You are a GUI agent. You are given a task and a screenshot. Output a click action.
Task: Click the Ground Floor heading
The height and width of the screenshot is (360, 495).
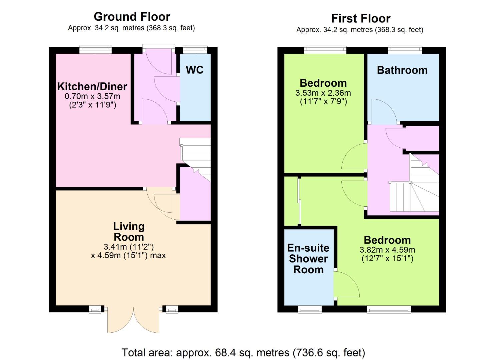pyautogui.click(x=132, y=17)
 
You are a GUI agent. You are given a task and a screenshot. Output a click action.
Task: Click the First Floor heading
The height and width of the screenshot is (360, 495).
pyautogui.click(x=361, y=19)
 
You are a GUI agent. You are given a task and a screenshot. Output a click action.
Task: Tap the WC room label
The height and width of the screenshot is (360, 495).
pyautogui.click(x=195, y=70)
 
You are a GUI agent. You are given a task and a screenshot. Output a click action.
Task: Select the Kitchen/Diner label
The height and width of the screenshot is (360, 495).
pyautogui.click(x=92, y=86)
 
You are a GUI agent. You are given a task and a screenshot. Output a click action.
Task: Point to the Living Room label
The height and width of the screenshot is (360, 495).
pyautogui.click(x=129, y=232)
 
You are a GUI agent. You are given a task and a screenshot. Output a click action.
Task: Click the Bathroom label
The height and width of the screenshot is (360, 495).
pyautogui.click(x=402, y=70)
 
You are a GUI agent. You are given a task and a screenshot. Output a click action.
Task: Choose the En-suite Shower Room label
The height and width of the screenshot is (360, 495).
pyautogui.click(x=308, y=259)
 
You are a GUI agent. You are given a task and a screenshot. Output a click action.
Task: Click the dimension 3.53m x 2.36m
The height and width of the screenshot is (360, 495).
pyautogui.click(x=323, y=93)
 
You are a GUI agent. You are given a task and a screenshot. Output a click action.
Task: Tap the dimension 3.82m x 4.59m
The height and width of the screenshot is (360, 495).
pyautogui.click(x=387, y=250)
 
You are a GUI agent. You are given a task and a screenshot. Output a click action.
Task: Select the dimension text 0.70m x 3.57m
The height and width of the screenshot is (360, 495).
pyautogui.click(x=92, y=96)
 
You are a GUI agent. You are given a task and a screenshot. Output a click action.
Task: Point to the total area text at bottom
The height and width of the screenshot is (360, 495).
pyautogui.click(x=243, y=352)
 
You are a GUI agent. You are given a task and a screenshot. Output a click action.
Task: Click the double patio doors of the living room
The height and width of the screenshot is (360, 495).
pyautogui.click(x=133, y=320)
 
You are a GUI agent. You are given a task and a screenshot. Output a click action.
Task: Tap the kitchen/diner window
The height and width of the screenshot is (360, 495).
pyautogui.click(x=95, y=50)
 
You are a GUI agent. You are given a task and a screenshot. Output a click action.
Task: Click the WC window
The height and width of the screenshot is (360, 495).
pyautogui.click(x=195, y=50)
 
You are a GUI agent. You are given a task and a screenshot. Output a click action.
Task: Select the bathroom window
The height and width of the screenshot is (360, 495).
pyautogui.click(x=405, y=50)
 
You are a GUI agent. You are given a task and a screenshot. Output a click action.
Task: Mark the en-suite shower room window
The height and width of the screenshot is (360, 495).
pyautogui.click(x=310, y=310)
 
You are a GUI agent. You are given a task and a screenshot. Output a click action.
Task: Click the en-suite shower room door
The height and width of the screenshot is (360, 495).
pyautogui.click(x=347, y=284)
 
